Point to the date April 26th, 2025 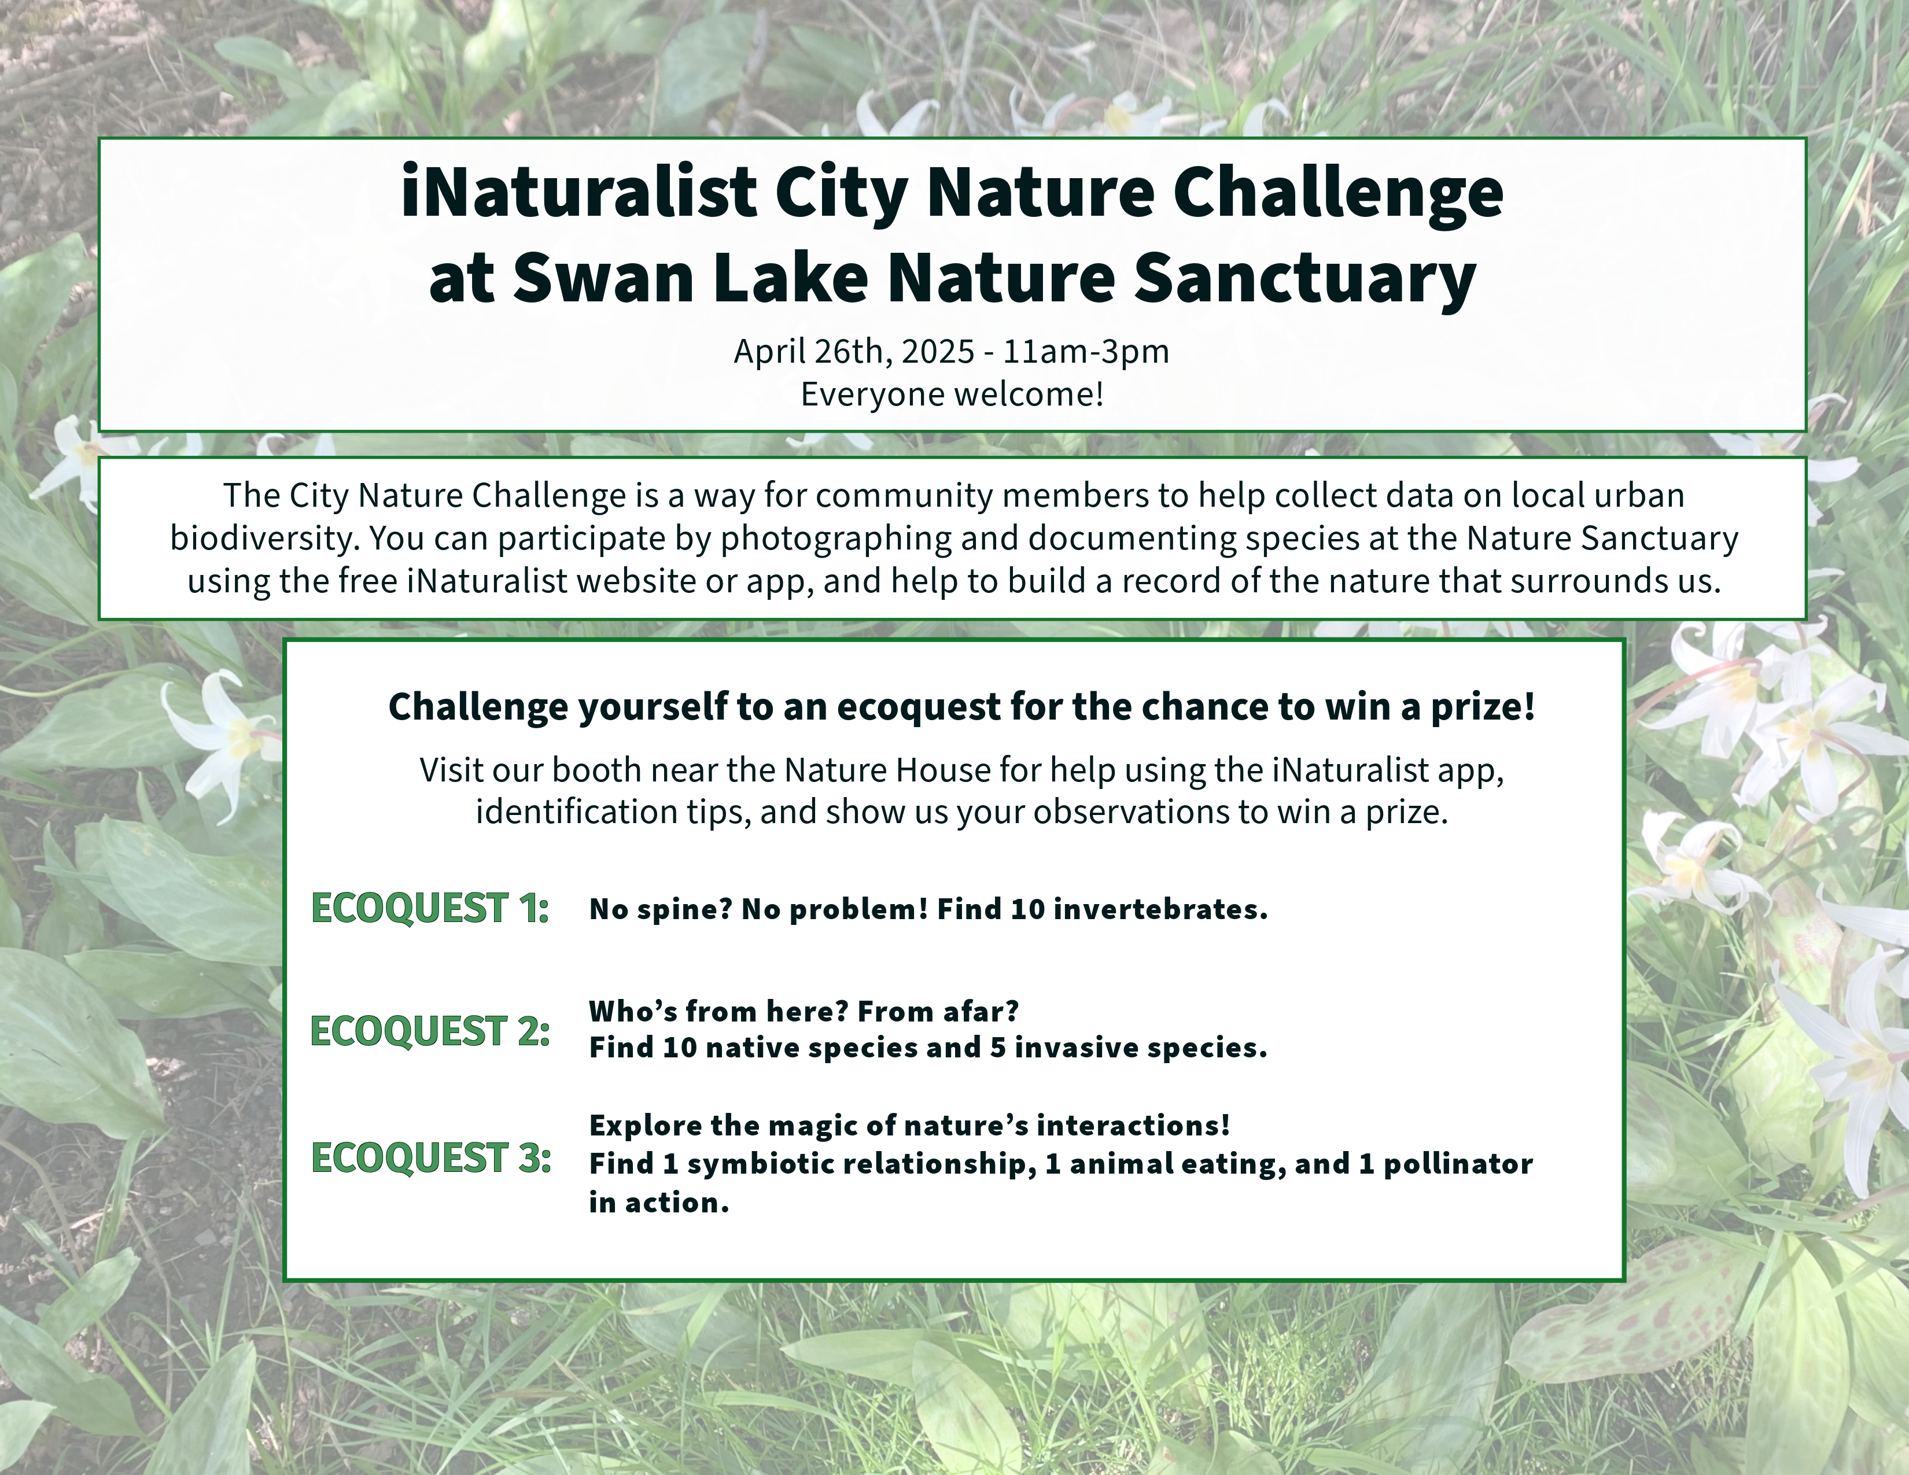tap(854, 351)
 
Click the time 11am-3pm tap(1086, 351)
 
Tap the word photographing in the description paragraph tap(836, 539)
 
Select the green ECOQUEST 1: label tap(430, 908)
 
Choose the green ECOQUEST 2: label tap(430, 1031)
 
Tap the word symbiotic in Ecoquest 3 tap(761, 1164)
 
